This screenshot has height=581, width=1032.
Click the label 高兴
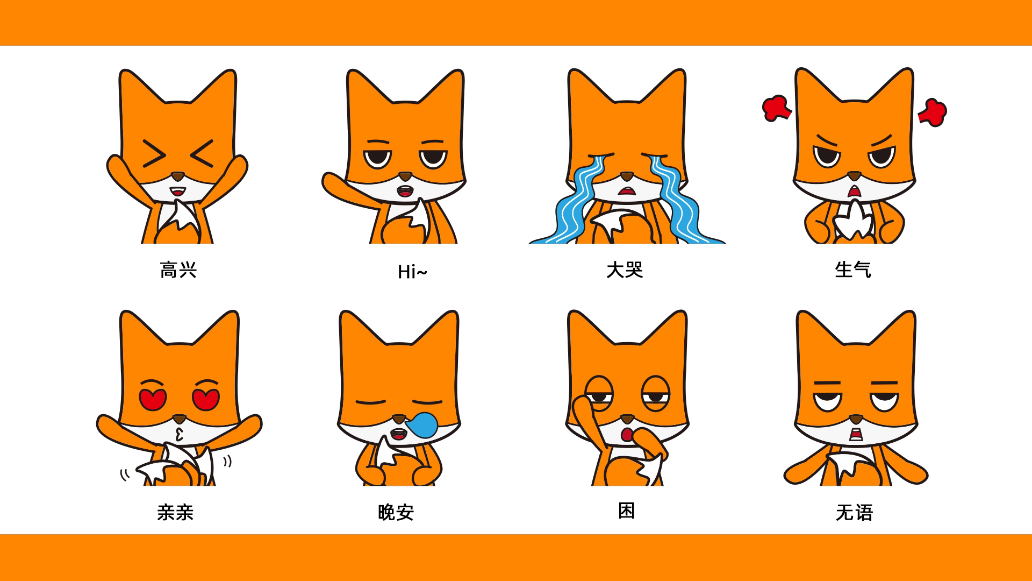click(178, 270)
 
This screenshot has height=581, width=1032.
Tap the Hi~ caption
click(412, 272)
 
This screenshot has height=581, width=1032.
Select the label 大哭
click(625, 270)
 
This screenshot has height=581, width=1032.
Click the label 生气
click(853, 270)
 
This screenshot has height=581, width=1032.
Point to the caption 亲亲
click(175, 512)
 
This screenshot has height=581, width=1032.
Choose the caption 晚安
click(396, 512)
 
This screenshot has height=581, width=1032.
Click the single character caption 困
click(627, 511)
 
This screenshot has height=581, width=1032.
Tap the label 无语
click(854, 512)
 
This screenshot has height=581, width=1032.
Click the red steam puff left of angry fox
click(776, 108)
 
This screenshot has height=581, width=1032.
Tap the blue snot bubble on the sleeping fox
click(422, 424)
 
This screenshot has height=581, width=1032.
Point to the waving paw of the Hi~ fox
click(331, 183)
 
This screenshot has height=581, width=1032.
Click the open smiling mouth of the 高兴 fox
click(178, 192)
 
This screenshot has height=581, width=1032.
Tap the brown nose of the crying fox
click(626, 176)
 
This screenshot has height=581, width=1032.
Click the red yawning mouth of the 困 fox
click(626, 435)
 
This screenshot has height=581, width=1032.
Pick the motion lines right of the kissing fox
click(227, 461)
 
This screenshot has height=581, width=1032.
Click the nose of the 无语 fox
click(855, 418)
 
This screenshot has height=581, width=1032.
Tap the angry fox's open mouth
click(854, 192)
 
